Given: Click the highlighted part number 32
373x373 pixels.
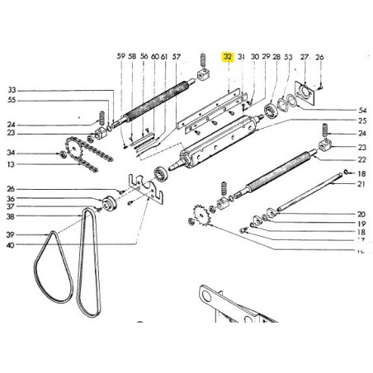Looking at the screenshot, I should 228,57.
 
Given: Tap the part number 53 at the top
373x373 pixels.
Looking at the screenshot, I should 287,57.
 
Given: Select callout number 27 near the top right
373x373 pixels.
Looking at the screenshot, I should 304,57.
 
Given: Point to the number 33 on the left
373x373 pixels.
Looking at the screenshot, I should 11,90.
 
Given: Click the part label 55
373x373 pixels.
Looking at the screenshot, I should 11,100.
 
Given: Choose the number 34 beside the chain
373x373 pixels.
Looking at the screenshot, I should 11,153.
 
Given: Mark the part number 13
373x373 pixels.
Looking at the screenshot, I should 11,164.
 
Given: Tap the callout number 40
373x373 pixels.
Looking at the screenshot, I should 11,245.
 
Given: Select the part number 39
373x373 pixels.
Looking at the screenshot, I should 11,234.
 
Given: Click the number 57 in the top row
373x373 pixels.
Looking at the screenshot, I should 176,57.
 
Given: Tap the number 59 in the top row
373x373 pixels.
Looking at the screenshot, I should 120,57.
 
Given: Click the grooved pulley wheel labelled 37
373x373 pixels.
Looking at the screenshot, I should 106,204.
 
